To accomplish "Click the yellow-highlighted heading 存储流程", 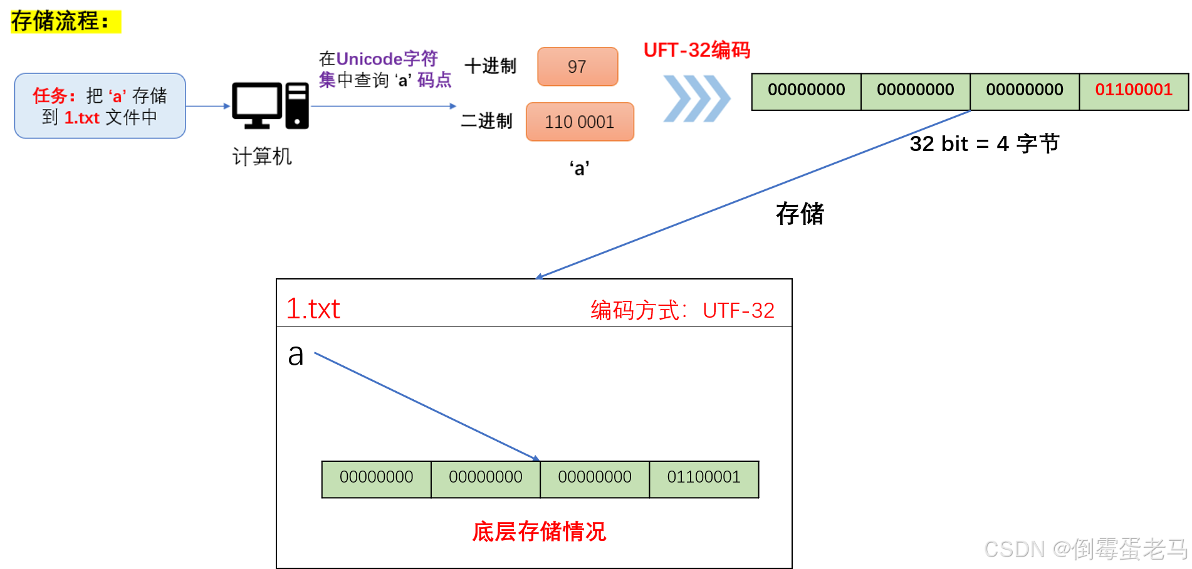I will pyautogui.click(x=60, y=21).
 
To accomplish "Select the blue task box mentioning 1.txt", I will pyautogui.click(x=100, y=106).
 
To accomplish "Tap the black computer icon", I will pyautogui.click(x=270, y=106).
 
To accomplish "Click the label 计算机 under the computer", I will pyautogui.click(x=262, y=157).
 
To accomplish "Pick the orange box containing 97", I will pyautogui.click(x=577, y=66).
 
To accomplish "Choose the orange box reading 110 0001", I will pyautogui.click(x=580, y=122).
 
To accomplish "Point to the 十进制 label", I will pyautogui.click(x=490, y=66).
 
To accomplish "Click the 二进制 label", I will pyautogui.click(x=486, y=121).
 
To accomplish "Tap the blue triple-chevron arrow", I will pyautogui.click(x=696, y=98).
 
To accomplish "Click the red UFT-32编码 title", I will pyautogui.click(x=696, y=50).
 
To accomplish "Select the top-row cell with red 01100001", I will pyautogui.click(x=1133, y=90).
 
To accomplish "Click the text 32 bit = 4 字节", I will pyautogui.click(x=984, y=144).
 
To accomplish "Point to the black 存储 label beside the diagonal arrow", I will pyautogui.click(x=800, y=214).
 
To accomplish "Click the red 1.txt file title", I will pyautogui.click(x=313, y=309).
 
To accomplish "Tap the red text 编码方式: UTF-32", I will pyautogui.click(x=682, y=310).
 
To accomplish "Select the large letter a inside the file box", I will pyautogui.click(x=296, y=355).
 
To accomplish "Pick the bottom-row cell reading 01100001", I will pyautogui.click(x=703, y=478).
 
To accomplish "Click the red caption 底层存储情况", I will pyautogui.click(x=539, y=531).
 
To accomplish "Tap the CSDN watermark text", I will pyautogui.click(x=1085, y=549).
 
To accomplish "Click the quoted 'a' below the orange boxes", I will pyautogui.click(x=579, y=168).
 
